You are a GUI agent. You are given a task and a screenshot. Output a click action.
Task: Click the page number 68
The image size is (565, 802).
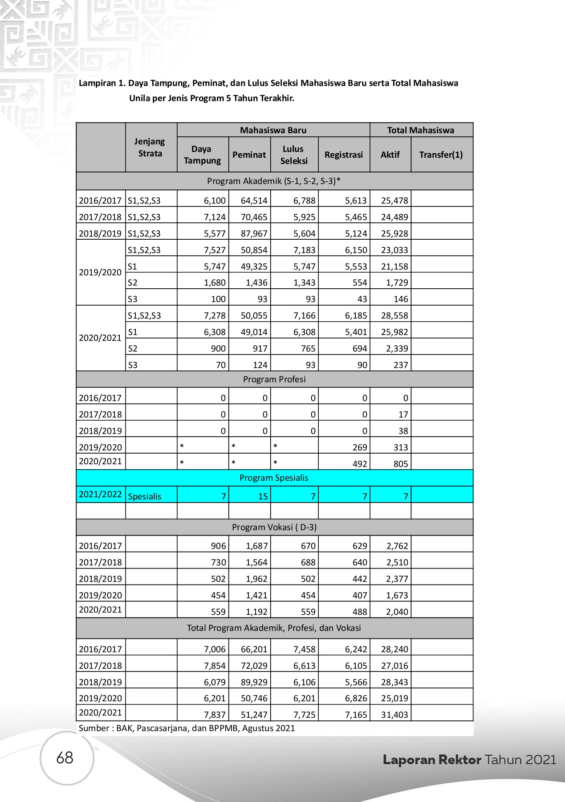[65, 757]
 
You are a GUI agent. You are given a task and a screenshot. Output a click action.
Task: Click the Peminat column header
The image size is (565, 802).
[249, 155]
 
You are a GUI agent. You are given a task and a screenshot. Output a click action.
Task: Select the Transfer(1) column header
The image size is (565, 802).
[441, 155]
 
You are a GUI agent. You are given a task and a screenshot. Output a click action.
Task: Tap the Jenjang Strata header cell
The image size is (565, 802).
[150, 147]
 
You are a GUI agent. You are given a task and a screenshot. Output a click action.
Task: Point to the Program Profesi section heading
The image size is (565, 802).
[274, 379]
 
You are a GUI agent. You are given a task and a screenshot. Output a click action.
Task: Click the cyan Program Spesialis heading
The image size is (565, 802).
[274, 478]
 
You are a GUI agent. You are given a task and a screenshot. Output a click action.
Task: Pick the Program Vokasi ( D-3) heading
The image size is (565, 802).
[274, 527]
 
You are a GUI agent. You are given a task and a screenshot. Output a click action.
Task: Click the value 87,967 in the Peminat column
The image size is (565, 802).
[254, 233]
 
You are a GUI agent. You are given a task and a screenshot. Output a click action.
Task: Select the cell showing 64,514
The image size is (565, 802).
[254, 200]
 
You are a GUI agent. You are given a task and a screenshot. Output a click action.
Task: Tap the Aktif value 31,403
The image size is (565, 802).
[394, 715]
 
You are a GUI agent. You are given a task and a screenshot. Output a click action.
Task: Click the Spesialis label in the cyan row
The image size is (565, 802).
[145, 496]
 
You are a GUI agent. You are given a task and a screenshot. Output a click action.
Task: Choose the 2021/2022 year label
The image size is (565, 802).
[100, 494]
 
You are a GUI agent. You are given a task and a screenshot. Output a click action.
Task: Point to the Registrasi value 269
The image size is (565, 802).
[360, 447]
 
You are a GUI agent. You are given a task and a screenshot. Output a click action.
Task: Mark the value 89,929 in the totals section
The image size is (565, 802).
[254, 682]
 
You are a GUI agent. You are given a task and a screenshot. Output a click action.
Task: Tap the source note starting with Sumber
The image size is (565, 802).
[187, 728]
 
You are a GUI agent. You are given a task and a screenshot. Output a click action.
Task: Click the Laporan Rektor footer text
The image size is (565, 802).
[432, 760]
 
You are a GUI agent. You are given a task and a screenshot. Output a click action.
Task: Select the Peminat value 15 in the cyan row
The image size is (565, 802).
[263, 496]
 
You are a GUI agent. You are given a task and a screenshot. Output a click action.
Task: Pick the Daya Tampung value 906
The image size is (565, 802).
[219, 546]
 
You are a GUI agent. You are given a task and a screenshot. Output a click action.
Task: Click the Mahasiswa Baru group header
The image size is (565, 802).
[273, 130]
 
